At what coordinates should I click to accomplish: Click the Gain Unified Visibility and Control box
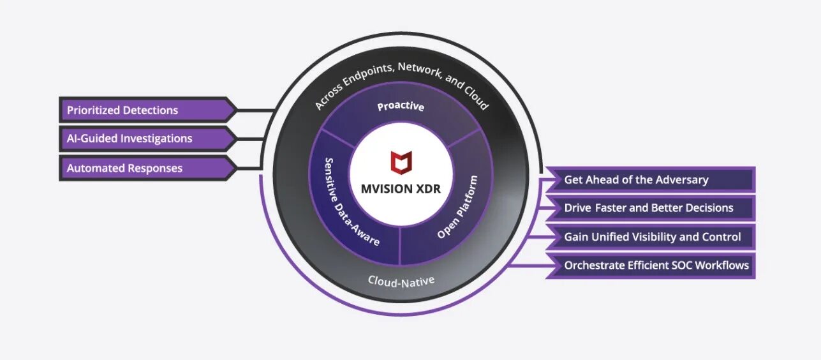tap(652, 237)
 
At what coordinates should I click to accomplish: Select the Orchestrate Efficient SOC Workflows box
tap(656, 265)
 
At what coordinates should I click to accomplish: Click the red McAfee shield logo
tap(401, 162)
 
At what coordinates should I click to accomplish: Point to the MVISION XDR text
tap(401, 189)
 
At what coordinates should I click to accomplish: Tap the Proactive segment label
tap(401, 107)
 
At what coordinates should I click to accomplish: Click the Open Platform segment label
tap(457, 207)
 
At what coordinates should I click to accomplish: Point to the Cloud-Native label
tap(401, 280)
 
